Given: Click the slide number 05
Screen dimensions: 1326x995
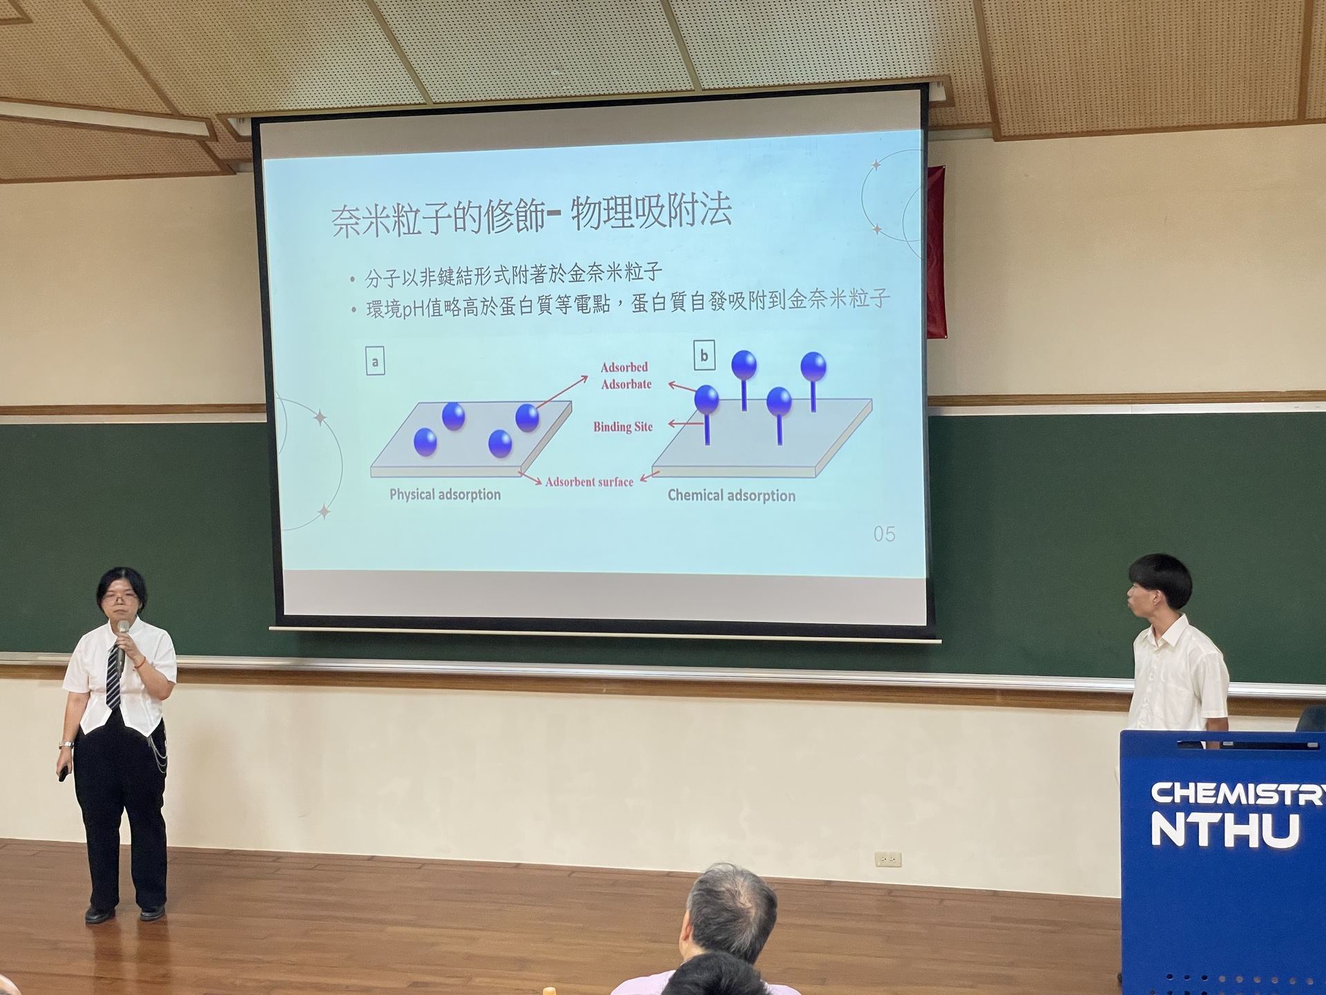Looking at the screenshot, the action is point(884,534).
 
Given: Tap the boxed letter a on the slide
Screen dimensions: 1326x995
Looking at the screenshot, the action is point(375,361).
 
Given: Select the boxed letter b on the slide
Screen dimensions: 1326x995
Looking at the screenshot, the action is point(704,355).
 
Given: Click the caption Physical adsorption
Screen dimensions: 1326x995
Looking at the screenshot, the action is point(445,495).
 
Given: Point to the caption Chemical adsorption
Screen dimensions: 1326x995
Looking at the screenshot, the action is point(731,495).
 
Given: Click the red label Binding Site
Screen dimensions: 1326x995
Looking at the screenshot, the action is point(623,427).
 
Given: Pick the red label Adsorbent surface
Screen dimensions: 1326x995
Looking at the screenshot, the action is point(589,482).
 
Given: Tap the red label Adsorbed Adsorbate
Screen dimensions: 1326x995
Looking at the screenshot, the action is point(626,375).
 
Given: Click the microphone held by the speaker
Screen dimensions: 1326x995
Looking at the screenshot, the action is point(122,646).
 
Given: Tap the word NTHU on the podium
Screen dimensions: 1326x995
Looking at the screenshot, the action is point(1225,830).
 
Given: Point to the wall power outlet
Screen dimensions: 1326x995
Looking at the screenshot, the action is point(887,860).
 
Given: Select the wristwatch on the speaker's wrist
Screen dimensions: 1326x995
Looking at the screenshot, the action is point(66,745).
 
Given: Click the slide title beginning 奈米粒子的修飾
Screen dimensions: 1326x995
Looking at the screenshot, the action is point(530,216).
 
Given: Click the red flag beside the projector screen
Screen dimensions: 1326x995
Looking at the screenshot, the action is point(936,252).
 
